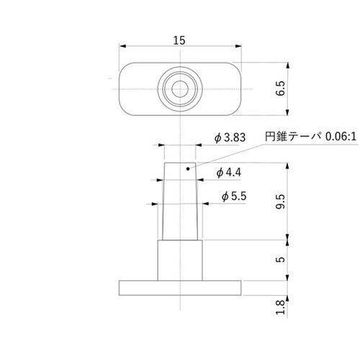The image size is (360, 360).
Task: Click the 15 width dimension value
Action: [x=179, y=40]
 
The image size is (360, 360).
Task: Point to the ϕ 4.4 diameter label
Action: [x=228, y=172]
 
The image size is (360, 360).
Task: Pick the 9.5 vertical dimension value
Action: [x=281, y=202]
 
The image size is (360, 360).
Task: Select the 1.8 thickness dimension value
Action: [x=281, y=307]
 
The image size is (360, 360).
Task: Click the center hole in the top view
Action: [x=179, y=89]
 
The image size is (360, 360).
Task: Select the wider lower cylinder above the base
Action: [x=179, y=260]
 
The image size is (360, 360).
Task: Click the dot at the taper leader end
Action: [x=188, y=171]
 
